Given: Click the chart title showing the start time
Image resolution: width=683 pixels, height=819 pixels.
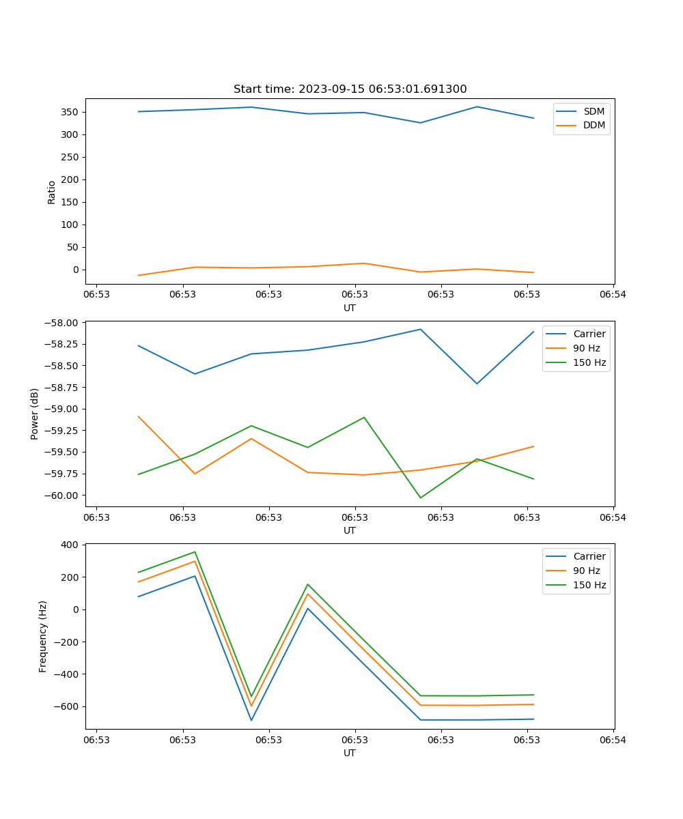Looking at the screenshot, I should coord(350,89).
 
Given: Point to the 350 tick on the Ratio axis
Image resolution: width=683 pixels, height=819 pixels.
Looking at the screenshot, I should coord(71,112).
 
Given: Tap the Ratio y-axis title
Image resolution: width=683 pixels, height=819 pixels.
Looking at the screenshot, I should coord(52,192).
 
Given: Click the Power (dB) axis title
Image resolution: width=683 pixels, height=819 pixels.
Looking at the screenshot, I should coord(35,414).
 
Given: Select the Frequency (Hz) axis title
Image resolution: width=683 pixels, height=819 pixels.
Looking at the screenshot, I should coord(43,636).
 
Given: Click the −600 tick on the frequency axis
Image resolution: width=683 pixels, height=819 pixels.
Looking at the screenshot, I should coord(67,706).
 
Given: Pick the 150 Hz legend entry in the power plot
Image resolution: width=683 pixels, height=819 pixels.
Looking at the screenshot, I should coord(589,362).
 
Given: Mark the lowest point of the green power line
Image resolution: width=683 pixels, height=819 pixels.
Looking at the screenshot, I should coord(420,498).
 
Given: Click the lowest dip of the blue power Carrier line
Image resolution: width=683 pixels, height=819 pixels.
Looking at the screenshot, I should coord(477,384).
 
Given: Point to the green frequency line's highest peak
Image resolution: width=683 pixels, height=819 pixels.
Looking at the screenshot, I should coord(195,551).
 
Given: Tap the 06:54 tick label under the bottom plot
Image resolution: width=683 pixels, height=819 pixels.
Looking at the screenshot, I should coord(613,739).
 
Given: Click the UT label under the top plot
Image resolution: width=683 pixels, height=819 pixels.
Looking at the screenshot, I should coord(350,308).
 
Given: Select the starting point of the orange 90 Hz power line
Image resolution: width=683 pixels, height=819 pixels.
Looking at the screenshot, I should coord(139,416).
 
